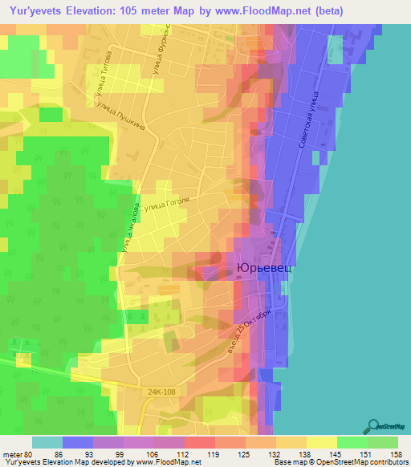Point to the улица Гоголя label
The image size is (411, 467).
(x=165, y=204)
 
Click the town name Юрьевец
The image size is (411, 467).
(x=263, y=270)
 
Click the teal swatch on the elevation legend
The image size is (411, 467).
(x=47, y=442)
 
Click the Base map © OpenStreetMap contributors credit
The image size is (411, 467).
(x=348, y=462)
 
